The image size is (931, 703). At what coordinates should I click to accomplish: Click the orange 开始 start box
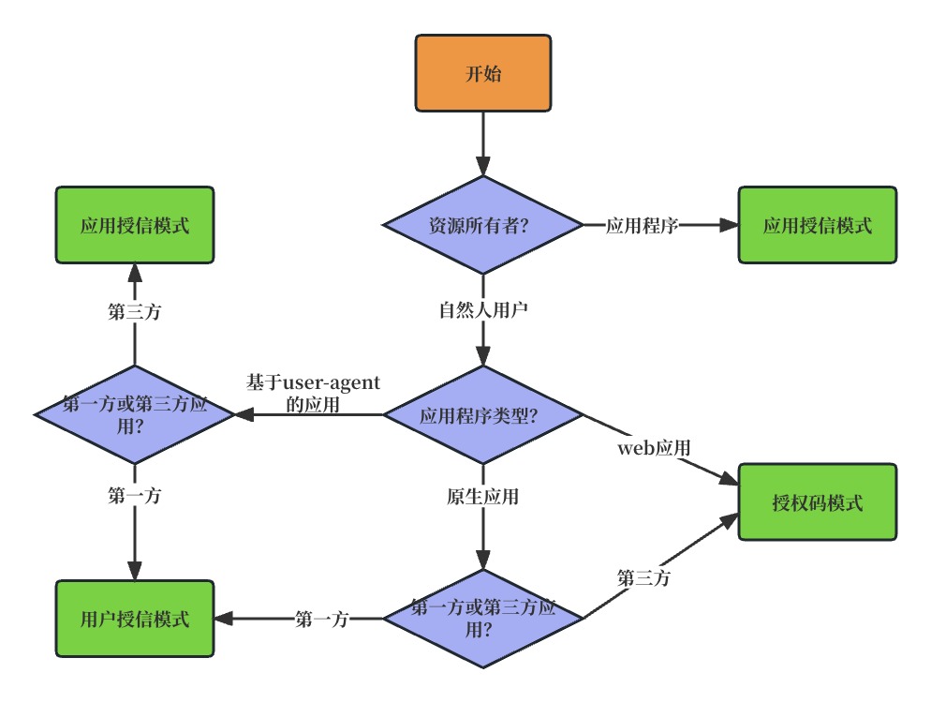(x=482, y=73)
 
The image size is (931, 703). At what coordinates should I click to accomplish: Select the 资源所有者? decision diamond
(x=482, y=225)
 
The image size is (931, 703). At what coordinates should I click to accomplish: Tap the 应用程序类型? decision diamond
(x=482, y=415)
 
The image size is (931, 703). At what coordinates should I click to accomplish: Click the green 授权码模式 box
(x=817, y=502)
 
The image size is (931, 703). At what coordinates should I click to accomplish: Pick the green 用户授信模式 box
(x=135, y=619)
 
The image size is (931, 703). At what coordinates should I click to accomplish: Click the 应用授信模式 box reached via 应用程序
(x=817, y=225)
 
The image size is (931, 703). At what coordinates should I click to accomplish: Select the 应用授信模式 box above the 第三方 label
(x=135, y=225)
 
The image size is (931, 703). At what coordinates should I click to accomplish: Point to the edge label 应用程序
(x=642, y=226)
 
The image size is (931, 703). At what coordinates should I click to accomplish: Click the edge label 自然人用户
(x=483, y=309)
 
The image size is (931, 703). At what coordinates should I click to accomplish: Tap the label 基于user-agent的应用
(x=313, y=394)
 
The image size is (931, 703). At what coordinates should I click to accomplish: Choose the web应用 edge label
(x=654, y=447)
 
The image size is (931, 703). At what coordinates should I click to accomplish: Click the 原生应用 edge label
(x=482, y=496)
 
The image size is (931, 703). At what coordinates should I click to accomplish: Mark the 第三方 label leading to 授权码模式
(x=643, y=577)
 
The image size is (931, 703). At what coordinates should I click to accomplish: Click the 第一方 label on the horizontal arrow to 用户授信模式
(x=321, y=620)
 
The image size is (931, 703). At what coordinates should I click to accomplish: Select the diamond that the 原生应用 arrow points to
(x=482, y=619)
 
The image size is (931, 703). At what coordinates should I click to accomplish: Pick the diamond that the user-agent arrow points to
(x=135, y=415)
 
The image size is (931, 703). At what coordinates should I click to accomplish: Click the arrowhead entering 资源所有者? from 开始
(x=483, y=167)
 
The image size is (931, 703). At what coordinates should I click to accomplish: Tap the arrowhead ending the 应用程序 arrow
(x=729, y=225)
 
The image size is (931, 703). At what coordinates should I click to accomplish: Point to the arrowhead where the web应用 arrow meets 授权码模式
(x=730, y=479)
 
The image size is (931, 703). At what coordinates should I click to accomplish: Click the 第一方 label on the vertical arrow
(x=135, y=495)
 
